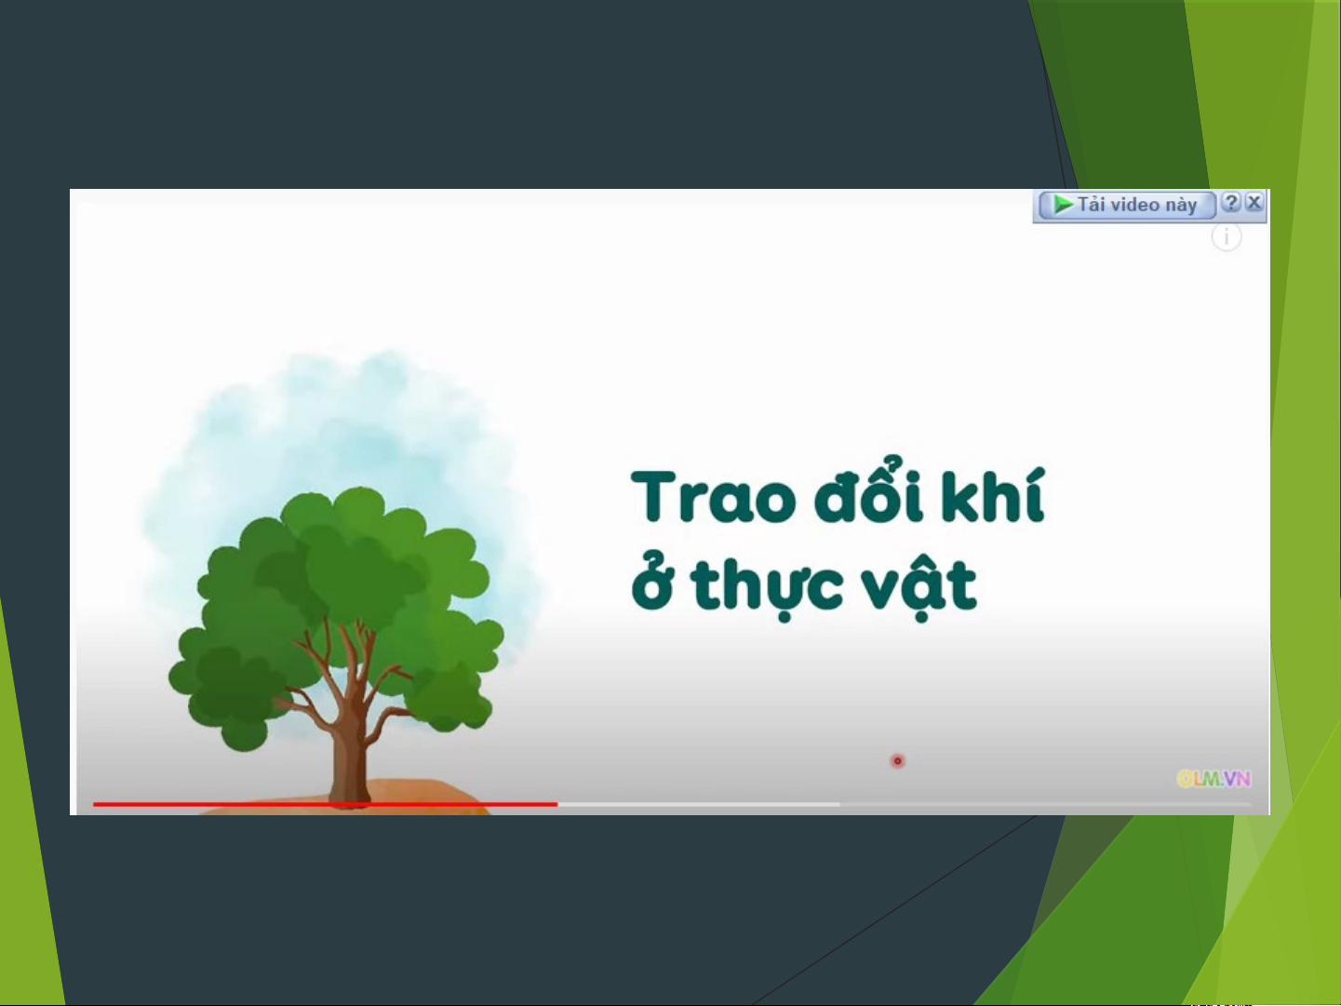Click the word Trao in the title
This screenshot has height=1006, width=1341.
coord(713,497)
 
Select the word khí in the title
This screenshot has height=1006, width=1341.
coord(993,494)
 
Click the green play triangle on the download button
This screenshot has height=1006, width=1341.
coord(1063,205)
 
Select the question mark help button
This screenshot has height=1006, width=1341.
coord(1231,202)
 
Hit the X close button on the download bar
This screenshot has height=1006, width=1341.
coord(1254,202)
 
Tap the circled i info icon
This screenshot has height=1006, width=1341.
coord(1227,237)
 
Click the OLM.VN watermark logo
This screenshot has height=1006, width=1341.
coord(1214,779)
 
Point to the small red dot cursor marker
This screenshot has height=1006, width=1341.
coord(897,761)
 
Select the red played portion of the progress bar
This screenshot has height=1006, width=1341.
coord(325,804)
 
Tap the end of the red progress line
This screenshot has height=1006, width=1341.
coord(557,804)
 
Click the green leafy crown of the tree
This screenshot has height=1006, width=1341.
coord(336,605)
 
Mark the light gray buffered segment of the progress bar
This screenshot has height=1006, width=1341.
coord(699,804)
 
